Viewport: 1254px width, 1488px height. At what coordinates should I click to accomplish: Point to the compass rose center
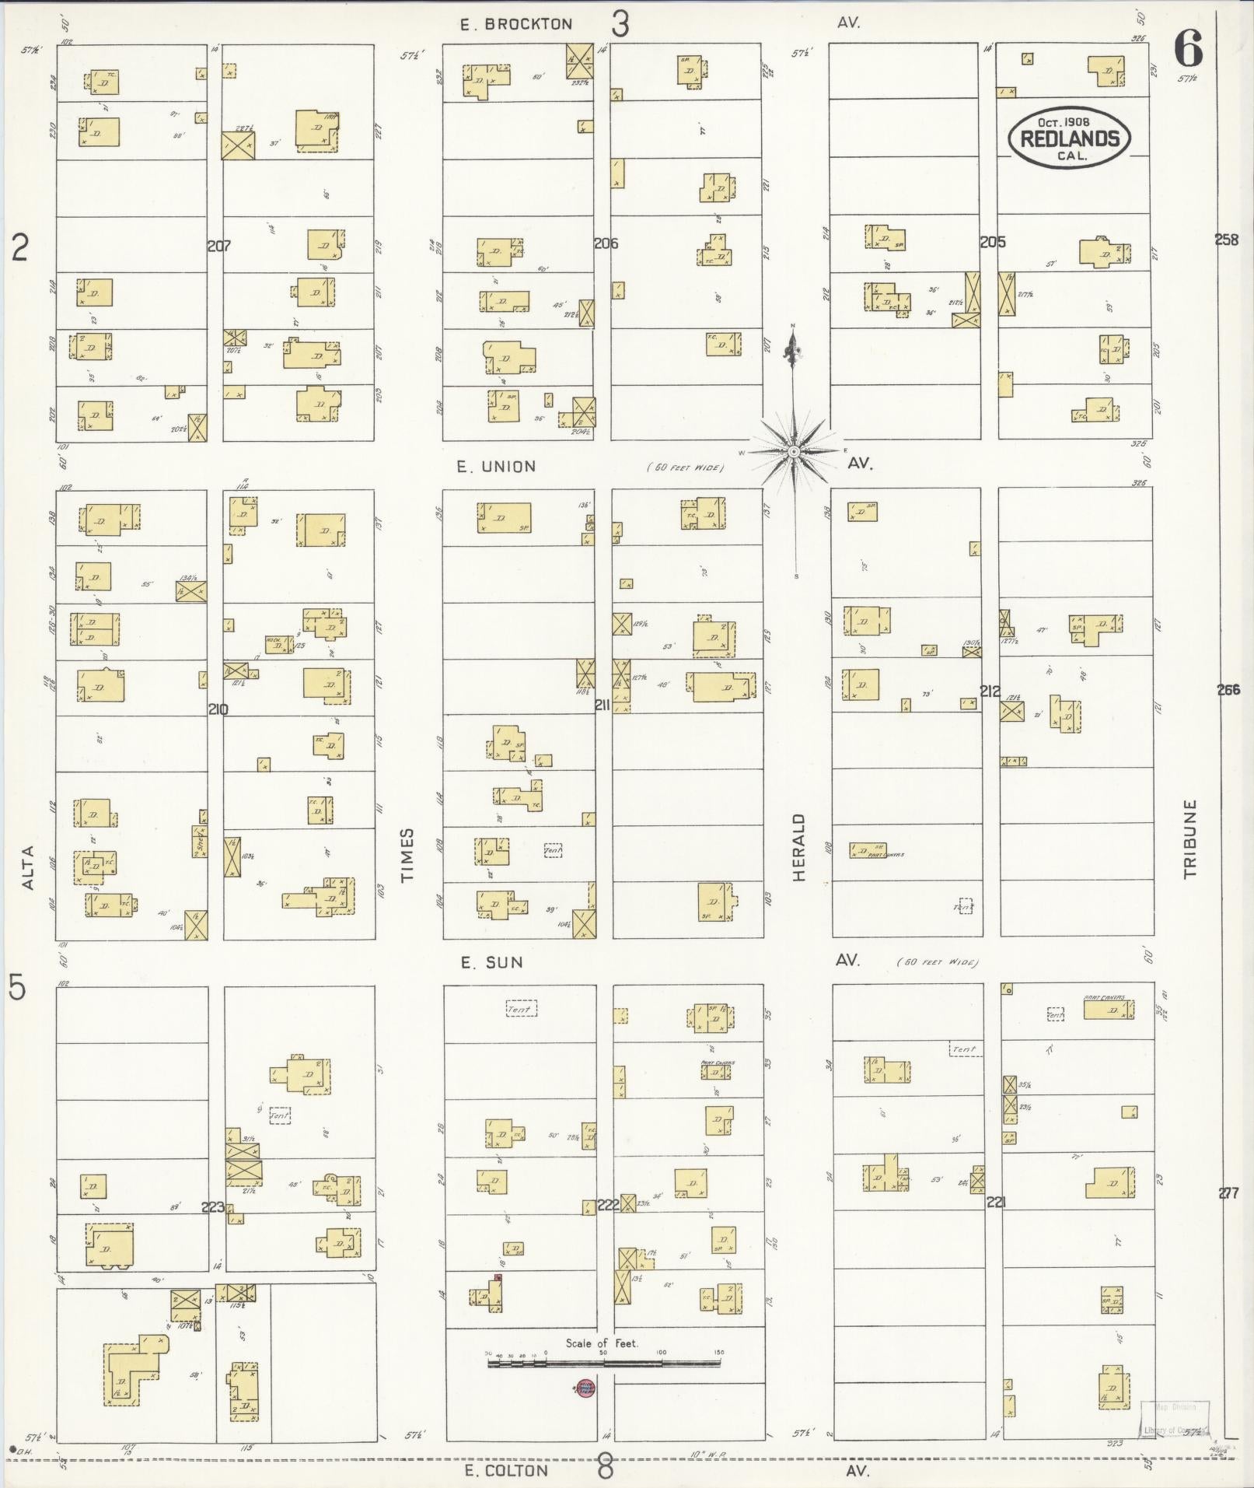coord(793,451)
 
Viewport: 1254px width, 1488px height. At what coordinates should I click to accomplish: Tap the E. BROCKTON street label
coord(515,25)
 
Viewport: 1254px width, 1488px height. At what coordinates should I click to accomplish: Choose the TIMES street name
coord(407,854)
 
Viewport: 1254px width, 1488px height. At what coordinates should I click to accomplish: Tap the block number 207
coord(219,246)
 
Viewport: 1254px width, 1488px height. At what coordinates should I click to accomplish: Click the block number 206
coord(606,243)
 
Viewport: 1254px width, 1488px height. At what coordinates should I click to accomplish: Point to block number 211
coord(603,705)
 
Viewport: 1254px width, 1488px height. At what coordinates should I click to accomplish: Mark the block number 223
coord(213,1207)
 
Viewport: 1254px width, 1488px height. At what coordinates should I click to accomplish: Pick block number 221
coord(996,1202)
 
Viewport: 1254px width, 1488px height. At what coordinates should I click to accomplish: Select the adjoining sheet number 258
coord(1226,240)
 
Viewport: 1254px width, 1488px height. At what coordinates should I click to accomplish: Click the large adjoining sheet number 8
coord(605,1469)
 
